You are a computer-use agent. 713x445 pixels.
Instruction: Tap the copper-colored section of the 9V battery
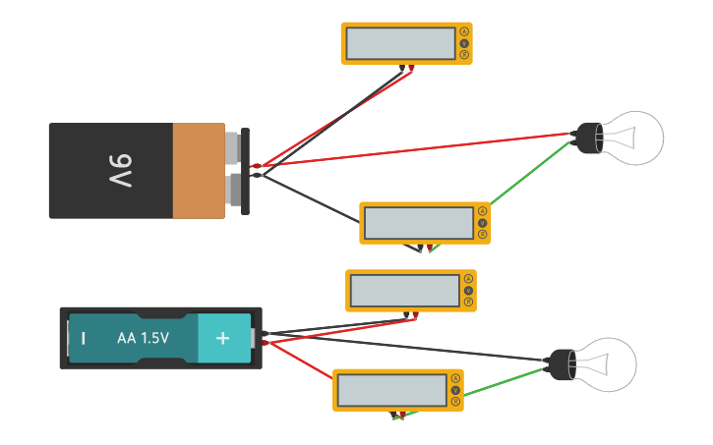(x=199, y=171)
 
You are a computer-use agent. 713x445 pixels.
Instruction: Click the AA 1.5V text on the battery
(x=143, y=338)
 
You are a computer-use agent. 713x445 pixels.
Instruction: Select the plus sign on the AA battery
(x=222, y=338)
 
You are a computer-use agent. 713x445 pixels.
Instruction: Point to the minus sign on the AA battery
(x=83, y=339)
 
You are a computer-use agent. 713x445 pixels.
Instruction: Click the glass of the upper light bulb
(x=634, y=138)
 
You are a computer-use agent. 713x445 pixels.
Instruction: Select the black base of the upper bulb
(x=588, y=139)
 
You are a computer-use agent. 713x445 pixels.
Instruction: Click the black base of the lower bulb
(x=561, y=364)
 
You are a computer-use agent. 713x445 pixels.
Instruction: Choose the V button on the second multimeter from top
(x=482, y=223)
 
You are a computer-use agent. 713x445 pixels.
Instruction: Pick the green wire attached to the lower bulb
(x=502, y=384)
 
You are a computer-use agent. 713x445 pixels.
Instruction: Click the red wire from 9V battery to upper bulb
(x=413, y=148)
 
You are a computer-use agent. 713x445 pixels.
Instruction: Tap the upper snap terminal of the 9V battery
(x=233, y=147)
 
